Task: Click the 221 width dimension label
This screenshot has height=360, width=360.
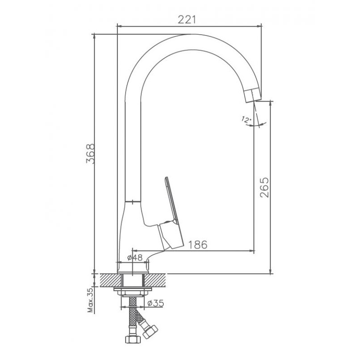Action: click(x=187, y=19)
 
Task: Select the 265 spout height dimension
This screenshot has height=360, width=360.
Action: click(x=264, y=187)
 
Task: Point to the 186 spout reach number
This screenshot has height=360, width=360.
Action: click(x=198, y=245)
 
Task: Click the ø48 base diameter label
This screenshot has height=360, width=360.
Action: click(x=135, y=257)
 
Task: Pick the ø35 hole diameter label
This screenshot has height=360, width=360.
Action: click(x=156, y=303)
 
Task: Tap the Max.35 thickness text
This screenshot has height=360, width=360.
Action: click(x=91, y=300)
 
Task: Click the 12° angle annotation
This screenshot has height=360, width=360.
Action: click(x=246, y=119)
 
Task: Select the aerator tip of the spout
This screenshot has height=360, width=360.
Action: click(x=252, y=95)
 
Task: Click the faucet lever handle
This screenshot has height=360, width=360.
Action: click(x=171, y=213)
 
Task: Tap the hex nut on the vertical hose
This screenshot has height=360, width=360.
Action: click(x=133, y=339)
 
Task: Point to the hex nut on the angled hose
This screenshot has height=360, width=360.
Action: click(x=150, y=332)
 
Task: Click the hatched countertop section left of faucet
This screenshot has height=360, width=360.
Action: click(x=108, y=280)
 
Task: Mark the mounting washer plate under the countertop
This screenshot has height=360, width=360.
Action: click(x=133, y=289)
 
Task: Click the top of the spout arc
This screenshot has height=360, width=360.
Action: click(x=190, y=35)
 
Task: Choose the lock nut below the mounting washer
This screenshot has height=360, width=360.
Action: click(x=133, y=293)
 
